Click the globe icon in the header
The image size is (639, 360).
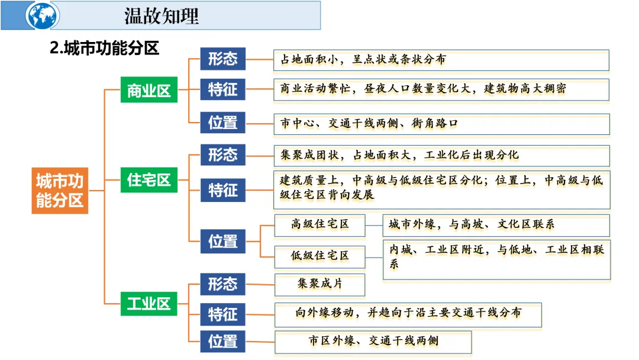point(43,16)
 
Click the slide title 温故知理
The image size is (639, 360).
point(161,16)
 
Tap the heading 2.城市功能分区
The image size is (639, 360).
point(105,48)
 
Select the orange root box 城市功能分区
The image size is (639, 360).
point(60,190)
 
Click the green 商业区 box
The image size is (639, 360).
point(149,90)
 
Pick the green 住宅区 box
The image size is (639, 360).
point(149,179)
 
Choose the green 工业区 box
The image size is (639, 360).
point(149,304)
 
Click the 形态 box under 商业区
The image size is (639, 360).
point(222,59)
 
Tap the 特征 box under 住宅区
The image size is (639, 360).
point(222,190)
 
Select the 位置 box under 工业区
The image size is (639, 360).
point(222,342)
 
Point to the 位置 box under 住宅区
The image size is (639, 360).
point(222,241)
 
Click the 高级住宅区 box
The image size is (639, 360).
point(319,224)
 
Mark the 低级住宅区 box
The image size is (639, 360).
point(319,256)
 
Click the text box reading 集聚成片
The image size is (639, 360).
point(319,284)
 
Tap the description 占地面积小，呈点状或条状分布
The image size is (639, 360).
point(363,59)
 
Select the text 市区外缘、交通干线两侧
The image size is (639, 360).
point(373,341)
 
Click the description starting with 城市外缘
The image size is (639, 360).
point(472,224)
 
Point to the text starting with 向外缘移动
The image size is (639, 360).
point(408,312)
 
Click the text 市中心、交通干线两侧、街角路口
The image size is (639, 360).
point(369,123)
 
